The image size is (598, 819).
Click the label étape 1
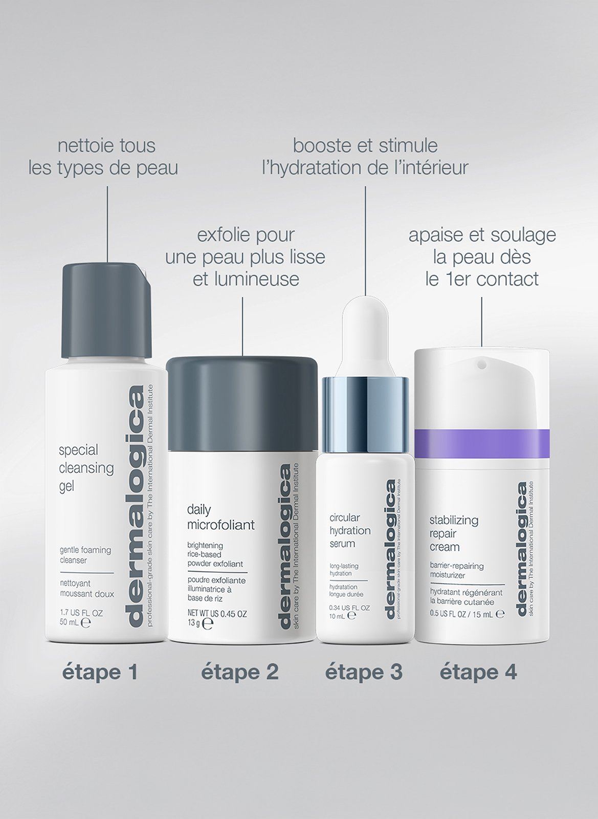pos(100,672)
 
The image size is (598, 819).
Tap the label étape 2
pos(240,672)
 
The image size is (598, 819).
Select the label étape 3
pos(364,672)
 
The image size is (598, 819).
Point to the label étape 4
pos(478,672)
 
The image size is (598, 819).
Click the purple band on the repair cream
pos(481,443)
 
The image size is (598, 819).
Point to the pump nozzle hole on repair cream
pos(481,365)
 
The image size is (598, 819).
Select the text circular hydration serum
pos(350,530)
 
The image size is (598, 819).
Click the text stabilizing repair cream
pos(447,533)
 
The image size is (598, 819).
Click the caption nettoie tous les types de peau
pos(103,156)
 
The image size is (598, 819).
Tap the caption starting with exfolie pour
pos(246,257)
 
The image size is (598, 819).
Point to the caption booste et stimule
pos(365,156)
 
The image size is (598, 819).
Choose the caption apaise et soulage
pos(482,257)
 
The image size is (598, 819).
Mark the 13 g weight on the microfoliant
pos(194,623)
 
